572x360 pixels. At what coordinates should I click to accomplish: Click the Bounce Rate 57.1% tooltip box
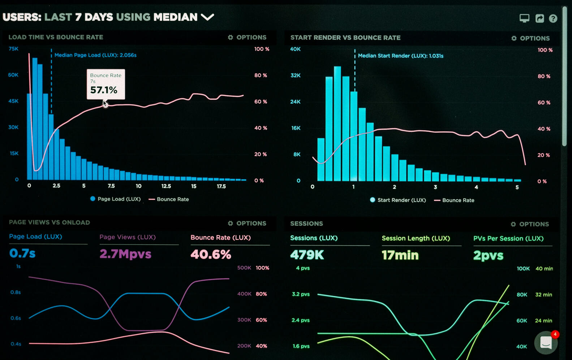point(106,84)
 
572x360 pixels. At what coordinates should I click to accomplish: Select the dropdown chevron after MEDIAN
point(207,17)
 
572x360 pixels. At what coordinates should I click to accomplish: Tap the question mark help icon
point(553,18)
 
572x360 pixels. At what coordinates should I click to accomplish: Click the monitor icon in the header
point(524,18)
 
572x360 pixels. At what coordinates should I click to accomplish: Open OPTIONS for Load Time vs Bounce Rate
point(247,37)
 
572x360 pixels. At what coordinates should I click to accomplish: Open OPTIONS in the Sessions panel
point(530,224)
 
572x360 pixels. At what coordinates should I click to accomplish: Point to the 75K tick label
point(13,49)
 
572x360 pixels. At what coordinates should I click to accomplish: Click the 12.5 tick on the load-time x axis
point(166,186)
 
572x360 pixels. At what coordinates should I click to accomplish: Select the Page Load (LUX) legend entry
point(115,199)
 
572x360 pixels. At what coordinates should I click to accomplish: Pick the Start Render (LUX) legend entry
point(398,200)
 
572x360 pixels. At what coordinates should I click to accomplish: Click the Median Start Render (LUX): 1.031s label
point(400,56)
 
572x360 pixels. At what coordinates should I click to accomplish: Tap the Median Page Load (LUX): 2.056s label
point(95,55)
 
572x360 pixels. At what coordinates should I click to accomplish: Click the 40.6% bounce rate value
point(211,255)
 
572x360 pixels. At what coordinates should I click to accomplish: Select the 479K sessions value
point(307,255)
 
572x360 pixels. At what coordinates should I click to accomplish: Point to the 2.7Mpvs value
point(125,254)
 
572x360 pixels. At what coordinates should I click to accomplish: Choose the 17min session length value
point(400,255)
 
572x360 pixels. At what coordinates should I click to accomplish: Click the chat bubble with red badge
point(546,342)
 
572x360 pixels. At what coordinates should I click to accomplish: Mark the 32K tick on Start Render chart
point(296,75)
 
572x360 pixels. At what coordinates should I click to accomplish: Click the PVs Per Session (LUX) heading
point(508,238)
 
